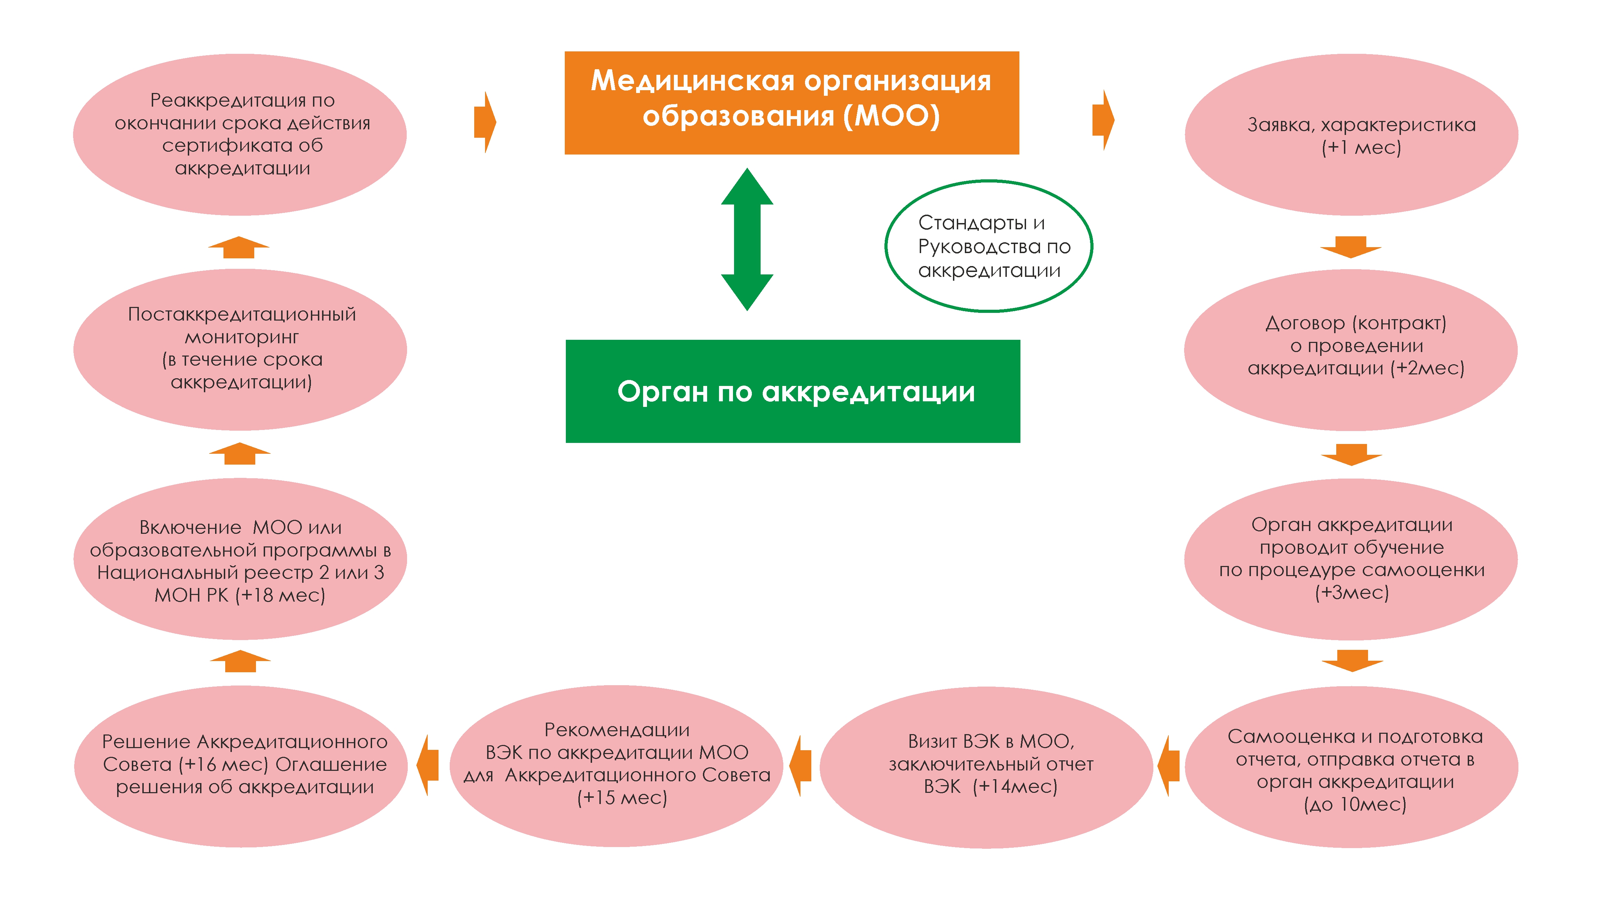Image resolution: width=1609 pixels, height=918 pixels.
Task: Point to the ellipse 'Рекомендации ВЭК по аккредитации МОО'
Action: click(616, 765)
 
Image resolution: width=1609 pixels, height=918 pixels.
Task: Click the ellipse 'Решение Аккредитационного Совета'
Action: click(241, 765)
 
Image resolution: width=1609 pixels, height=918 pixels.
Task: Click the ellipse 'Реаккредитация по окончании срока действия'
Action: click(240, 134)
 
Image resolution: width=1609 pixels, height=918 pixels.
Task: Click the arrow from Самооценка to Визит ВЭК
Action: click(1168, 766)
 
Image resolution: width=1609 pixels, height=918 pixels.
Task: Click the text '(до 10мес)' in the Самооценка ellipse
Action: click(1354, 804)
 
